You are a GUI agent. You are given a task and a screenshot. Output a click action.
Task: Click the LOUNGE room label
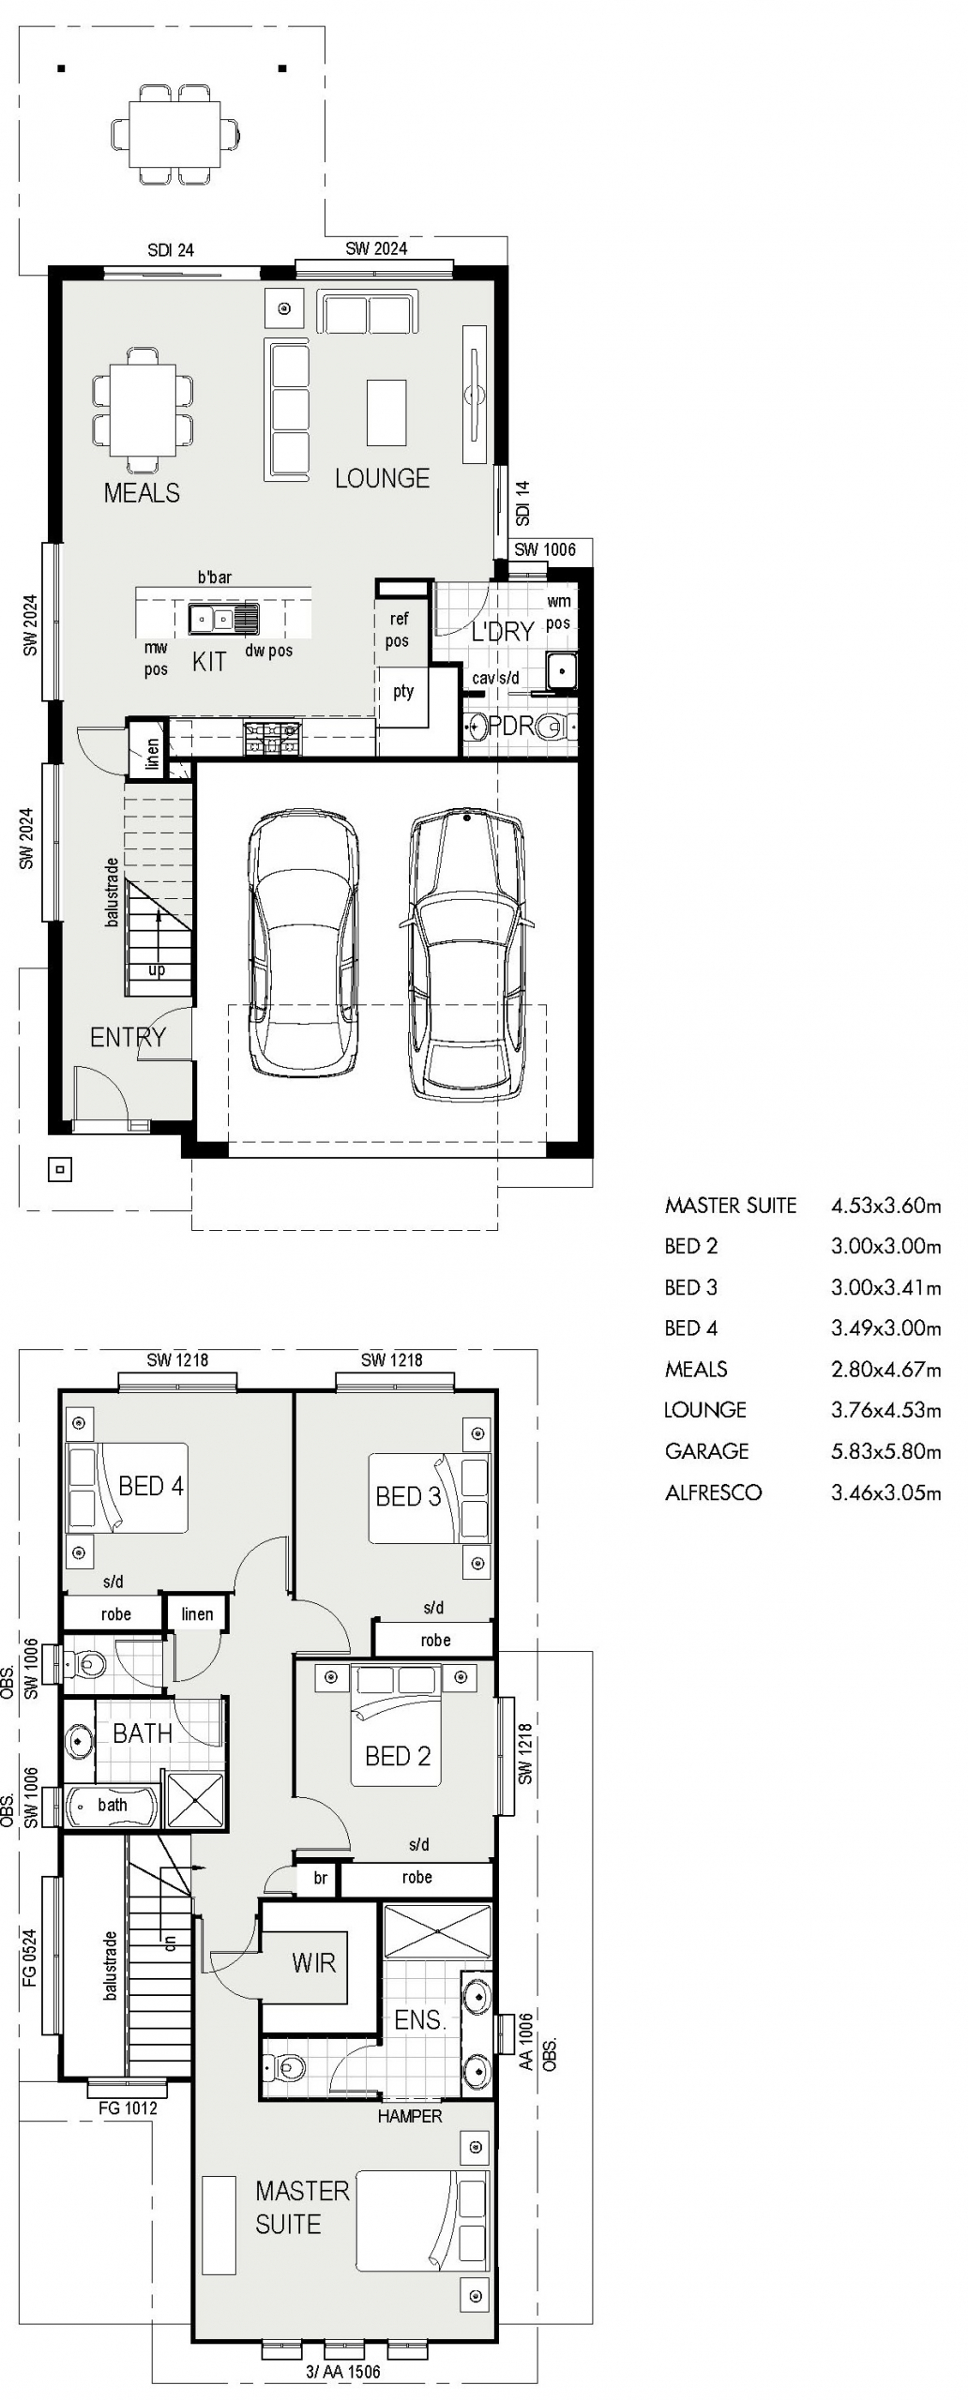click(x=382, y=478)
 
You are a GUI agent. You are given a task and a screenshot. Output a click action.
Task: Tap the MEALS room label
click(x=142, y=493)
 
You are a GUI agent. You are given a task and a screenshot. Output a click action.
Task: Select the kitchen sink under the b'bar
click(x=224, y=619)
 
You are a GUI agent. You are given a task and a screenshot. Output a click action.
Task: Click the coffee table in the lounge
click(x=386, y=412)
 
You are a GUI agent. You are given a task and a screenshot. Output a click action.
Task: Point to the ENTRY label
click(x=128, y=1037)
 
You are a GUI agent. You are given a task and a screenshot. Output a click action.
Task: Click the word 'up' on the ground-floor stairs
click(x=157, y=970)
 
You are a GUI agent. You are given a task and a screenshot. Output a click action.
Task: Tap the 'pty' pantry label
click(x=403, y=692)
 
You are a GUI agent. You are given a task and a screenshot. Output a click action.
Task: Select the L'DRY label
click(x=503, y=632)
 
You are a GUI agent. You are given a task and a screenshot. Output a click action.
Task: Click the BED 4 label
click(x=151, y=1486)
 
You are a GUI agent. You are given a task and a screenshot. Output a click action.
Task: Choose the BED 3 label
click(x=408, y=1496)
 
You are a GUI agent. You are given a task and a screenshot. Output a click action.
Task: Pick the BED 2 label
click(x=398, y=1756)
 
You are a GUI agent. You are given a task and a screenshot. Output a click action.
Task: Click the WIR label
click(x=313, y=1962)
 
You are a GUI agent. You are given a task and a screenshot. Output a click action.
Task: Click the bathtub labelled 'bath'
click(x=113, y=1804)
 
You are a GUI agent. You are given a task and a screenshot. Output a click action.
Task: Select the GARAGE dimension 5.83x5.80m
click(x=885, y=1451)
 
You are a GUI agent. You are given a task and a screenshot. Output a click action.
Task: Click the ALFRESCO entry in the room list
click(x=713, y=1492)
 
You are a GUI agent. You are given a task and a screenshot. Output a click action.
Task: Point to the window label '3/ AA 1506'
click(x=343, y=2371)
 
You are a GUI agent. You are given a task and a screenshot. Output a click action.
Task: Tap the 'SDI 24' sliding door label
click(x=171, y=250)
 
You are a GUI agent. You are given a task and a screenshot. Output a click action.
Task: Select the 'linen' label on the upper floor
click(x=197, y=1614)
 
